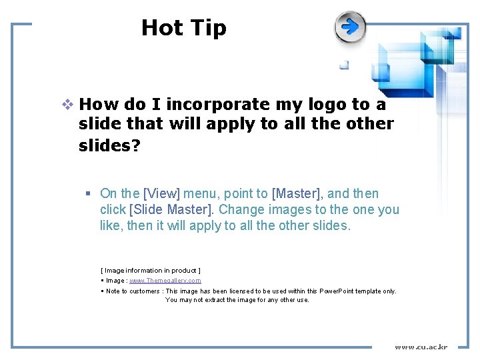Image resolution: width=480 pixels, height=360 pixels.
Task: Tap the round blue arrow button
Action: tap(351, 27)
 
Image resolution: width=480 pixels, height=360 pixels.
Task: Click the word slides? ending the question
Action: tap(109, 145)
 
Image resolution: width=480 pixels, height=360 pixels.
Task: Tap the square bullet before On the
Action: tap(88, 194)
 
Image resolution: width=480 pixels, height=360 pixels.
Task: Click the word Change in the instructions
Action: tap(243, 210)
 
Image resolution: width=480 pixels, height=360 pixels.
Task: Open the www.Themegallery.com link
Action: tap(165, 281)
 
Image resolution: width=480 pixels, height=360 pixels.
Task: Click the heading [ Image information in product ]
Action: tap(151, 270)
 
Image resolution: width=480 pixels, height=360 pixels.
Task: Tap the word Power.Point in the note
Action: tap(339, 291)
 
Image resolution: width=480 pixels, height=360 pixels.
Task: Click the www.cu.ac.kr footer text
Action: tap(421, 347)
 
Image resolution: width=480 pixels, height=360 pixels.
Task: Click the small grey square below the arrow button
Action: tap(344, 65)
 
